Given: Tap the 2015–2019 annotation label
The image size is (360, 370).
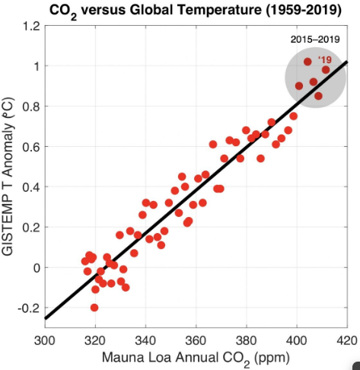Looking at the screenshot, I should click(x=314, y=39).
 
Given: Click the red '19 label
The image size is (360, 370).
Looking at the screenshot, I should click(x=325, y=59).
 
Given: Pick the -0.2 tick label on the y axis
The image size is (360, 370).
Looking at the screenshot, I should click(x=27, y=308).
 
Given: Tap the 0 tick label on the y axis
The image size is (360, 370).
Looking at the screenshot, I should click(x=34, y=268).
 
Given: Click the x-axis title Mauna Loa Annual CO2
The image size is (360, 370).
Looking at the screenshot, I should click(x=196, y=357).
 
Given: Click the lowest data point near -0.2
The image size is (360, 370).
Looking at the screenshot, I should click(x=94, y=308).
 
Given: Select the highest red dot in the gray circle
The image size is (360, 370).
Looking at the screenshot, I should click(x=308, y=62).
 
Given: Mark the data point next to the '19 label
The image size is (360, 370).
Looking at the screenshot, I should click(x=326, y=70).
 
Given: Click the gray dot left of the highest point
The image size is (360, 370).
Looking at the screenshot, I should click(x=299, y=86).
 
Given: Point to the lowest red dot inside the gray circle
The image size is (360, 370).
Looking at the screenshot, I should click(x=318, y=96).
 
